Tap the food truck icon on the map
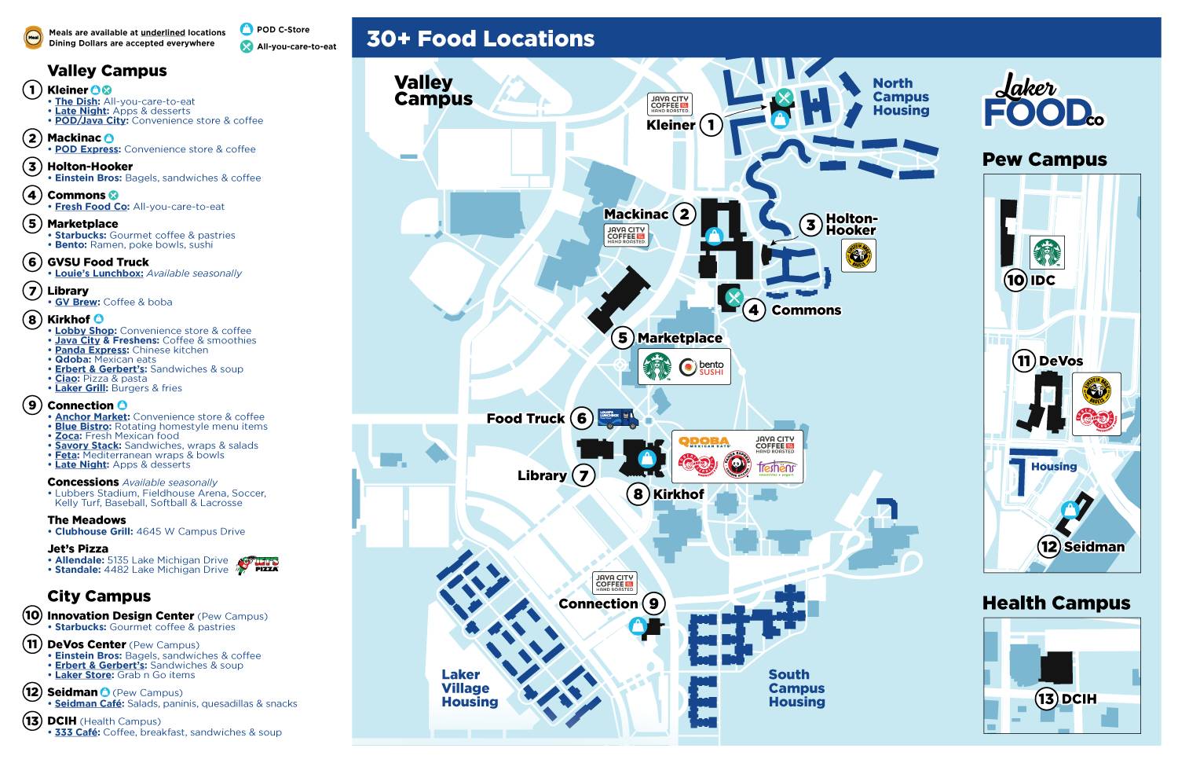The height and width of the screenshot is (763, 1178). pyautogui.click(x=617, y=418)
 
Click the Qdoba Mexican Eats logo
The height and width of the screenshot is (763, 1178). pyautogui.click(x=704, y=442)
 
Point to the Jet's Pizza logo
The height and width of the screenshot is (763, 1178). pyautogui.click(x=258, y=564)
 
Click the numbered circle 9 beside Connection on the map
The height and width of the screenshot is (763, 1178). pyautogui.click(x=653, y=603)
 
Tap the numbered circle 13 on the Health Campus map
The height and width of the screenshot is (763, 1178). pyautogui.click(x=1046, y=699)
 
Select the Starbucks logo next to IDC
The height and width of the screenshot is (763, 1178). pyautogui.click(x=1046, y=253)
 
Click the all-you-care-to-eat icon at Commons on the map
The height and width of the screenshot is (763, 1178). pyautogui.click(x=734, y=297)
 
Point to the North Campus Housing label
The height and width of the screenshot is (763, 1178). pyautogui.click(x=901, y=97)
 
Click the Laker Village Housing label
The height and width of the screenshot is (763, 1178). pyautogui.click(x=470, y=688)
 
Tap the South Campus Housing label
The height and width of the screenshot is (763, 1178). pyautogui.click(x=796, y=688)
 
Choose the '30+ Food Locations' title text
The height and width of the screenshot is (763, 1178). pyautogui.click(x=481, y=39)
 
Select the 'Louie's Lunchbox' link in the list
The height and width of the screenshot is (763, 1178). pyautogui.click(x=99, y=273)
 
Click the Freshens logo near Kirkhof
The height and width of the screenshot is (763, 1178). pyautogui.click(x=776, y=468)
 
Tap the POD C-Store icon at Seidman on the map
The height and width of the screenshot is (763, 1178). pyautogui.click(x=1069, y=509)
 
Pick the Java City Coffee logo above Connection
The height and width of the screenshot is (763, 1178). pyautogui.click(x=614, y=582)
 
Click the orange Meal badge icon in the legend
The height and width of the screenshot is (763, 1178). pyautogui.click(x=33, y=37)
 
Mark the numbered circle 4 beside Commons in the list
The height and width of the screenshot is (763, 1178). pyautogui.click(x=32, y=195)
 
